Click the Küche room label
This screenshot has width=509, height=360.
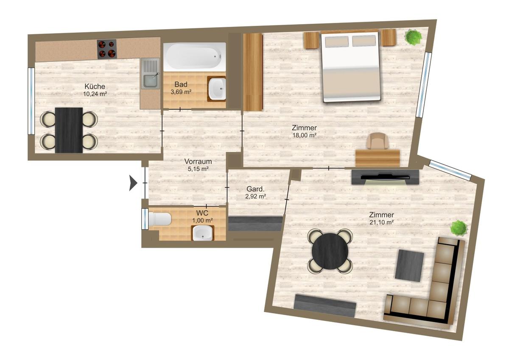(95, 87)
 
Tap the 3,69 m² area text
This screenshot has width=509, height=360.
(181, 92)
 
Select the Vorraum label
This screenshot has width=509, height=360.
(198, 162)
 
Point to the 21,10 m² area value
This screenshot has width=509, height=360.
(381, 222)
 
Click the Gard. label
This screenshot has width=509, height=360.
(256, 189)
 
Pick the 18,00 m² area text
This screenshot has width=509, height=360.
(305, 135)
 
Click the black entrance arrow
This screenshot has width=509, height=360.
(133, 183)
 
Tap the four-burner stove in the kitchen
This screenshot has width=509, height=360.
(107, 48)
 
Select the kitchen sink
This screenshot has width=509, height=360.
(150, 73)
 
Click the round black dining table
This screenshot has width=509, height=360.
(330, 251)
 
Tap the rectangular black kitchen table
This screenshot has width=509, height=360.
(69, 130)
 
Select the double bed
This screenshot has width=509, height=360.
(350, 66)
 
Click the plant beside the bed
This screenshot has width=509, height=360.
(414, 36)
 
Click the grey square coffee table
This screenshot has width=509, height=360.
(409, 266)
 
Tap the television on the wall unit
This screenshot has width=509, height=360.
(386, 176)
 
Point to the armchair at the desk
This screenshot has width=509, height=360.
(378, 141)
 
